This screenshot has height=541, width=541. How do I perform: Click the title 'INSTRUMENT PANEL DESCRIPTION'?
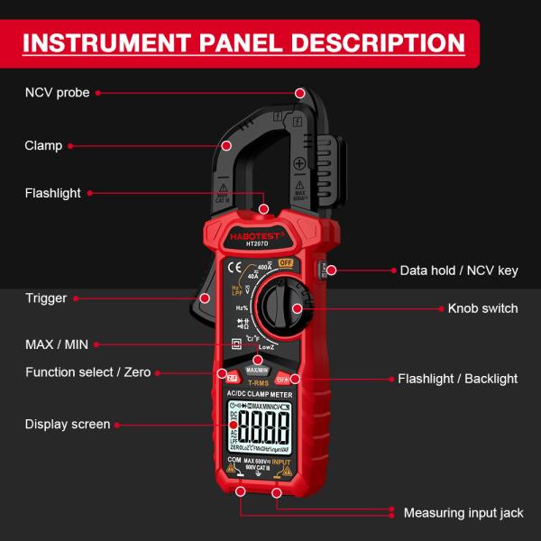point(243,42)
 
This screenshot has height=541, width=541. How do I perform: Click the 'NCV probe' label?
point(57,93)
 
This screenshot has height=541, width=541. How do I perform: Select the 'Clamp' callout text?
point(43,145)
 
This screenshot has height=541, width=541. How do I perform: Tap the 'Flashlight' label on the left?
point(53,193)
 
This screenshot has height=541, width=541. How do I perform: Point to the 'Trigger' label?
point(46,298)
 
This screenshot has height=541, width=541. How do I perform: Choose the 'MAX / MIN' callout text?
point(57,344)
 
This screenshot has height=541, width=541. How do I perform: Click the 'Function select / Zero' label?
point(88,371)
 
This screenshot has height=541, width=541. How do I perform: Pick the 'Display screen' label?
point(68,424)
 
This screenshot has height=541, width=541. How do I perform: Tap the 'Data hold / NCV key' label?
point(459,270)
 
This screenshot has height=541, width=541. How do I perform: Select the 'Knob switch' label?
point(482,308)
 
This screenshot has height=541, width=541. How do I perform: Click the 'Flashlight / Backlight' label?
point(458,379)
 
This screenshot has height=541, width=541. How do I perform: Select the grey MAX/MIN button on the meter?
point(257,371)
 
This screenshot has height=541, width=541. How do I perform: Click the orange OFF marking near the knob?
point(286,262)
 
